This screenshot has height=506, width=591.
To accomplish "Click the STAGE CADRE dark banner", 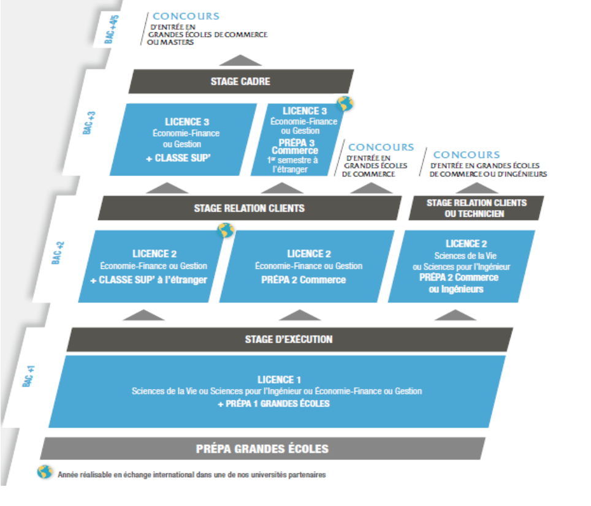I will pyautogui.click(x=240, y=81).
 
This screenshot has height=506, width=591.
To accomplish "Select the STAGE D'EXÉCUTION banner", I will pyautogui.click(x=288, y=339).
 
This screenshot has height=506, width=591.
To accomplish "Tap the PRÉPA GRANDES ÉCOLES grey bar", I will pyautogui.click(x=262, y=448).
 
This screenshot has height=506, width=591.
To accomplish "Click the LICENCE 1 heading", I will pyautogui.click(x=279, y=380).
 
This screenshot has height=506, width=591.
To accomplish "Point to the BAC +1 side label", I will pyautogui.click(x=28, y=376).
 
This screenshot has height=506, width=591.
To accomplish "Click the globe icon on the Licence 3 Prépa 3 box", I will pyautogui.click(x=345, y=104).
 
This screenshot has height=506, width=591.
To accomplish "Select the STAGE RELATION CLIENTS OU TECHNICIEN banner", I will pyautogui.click(x=476, y=208).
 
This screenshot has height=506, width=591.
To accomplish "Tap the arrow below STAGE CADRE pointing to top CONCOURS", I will pyautogui.click(x=240, y=60).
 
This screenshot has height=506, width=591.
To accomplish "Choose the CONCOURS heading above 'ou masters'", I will pyautogui.click(x=186, y=17).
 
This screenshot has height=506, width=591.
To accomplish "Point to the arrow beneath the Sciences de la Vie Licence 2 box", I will pyautogui.click(x=455, y=315).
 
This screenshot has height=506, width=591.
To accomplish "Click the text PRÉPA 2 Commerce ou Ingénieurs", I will pyautogui.click(x=457, y=283).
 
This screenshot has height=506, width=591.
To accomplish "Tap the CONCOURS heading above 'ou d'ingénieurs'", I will pyautogui.click(x=467, y=155).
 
